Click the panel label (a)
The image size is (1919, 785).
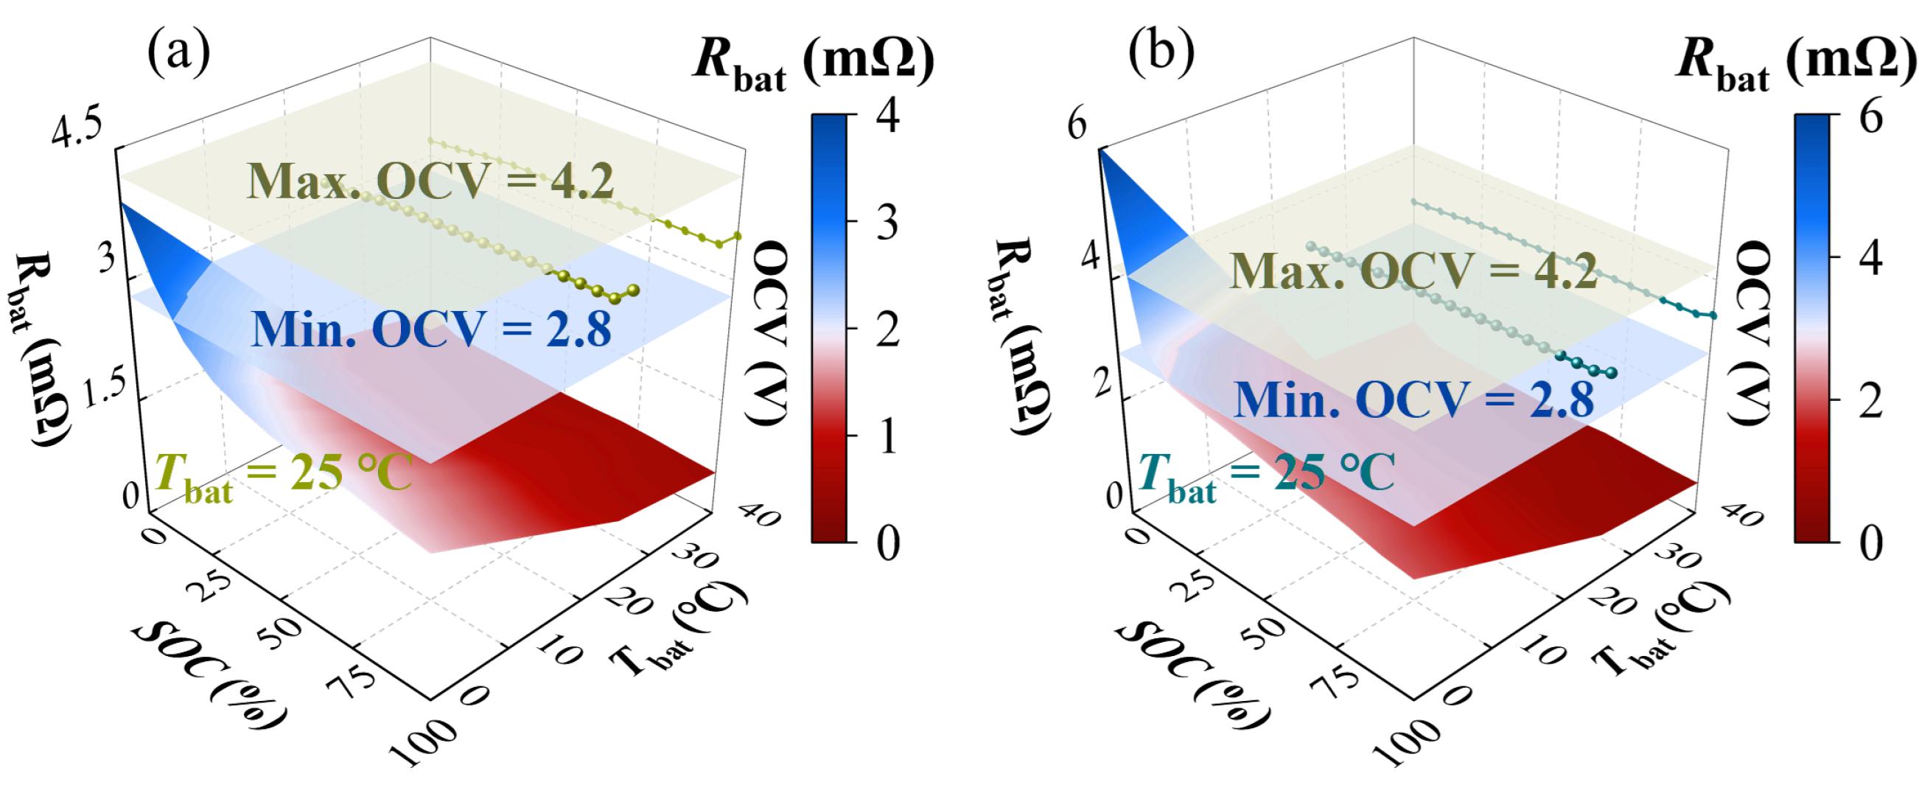pyautogui.click(x=179, y=53)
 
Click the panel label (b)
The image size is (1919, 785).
pyautogui.click(x=1161, y=53)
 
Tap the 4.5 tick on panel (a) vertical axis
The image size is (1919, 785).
pyautogui.click(x=77, y=132)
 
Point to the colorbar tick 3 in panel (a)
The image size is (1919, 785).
pyautogui.click(x=887, y=223)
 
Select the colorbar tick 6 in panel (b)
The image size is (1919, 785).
pyautogui.click(x=1870, y=117)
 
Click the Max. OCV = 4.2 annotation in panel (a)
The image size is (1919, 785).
pyautogui.click(x=430, y=181)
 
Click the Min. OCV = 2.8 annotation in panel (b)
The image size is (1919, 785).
pyautogui.click(x=1413, y=400)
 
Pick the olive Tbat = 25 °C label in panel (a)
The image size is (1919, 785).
pyautogui.click(x=283, y=475)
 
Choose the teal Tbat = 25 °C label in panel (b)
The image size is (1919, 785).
pyautogui.click(x=1266, y=475)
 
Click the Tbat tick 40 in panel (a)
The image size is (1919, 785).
pyautogui.click(x=760, y=514)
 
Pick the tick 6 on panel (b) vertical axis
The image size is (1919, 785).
pyautogui.click(x=1077, y=125)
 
